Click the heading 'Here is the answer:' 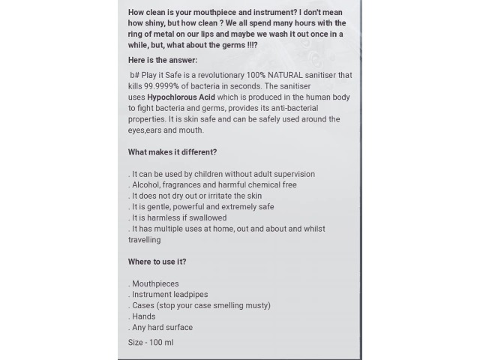[163, 60]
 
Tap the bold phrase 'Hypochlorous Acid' [181, 97]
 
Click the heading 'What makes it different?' [172, 152]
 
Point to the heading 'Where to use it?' [157, 262]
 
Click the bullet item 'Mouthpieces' [155, 283]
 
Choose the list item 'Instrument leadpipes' [169, 295]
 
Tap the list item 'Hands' [144, 316]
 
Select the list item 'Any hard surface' [162, 327]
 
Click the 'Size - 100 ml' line [151, 343]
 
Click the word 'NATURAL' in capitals [285, 75]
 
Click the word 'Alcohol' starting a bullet [146, 184]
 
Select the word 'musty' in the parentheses [255, 305]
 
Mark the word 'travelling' [145, 240]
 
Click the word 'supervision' [294, 174]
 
